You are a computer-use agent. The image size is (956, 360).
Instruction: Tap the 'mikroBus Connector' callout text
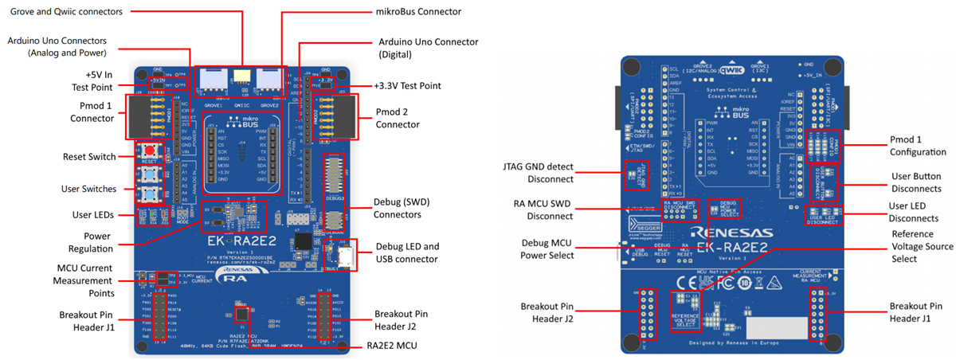point(419,11)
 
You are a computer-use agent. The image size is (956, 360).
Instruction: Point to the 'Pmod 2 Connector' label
point(397,118)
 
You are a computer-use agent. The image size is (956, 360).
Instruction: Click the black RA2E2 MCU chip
point(239,312)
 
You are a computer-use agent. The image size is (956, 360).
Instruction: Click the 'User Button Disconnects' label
point(916,182)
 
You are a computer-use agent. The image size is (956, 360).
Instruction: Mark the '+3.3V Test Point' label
point(407,85)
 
